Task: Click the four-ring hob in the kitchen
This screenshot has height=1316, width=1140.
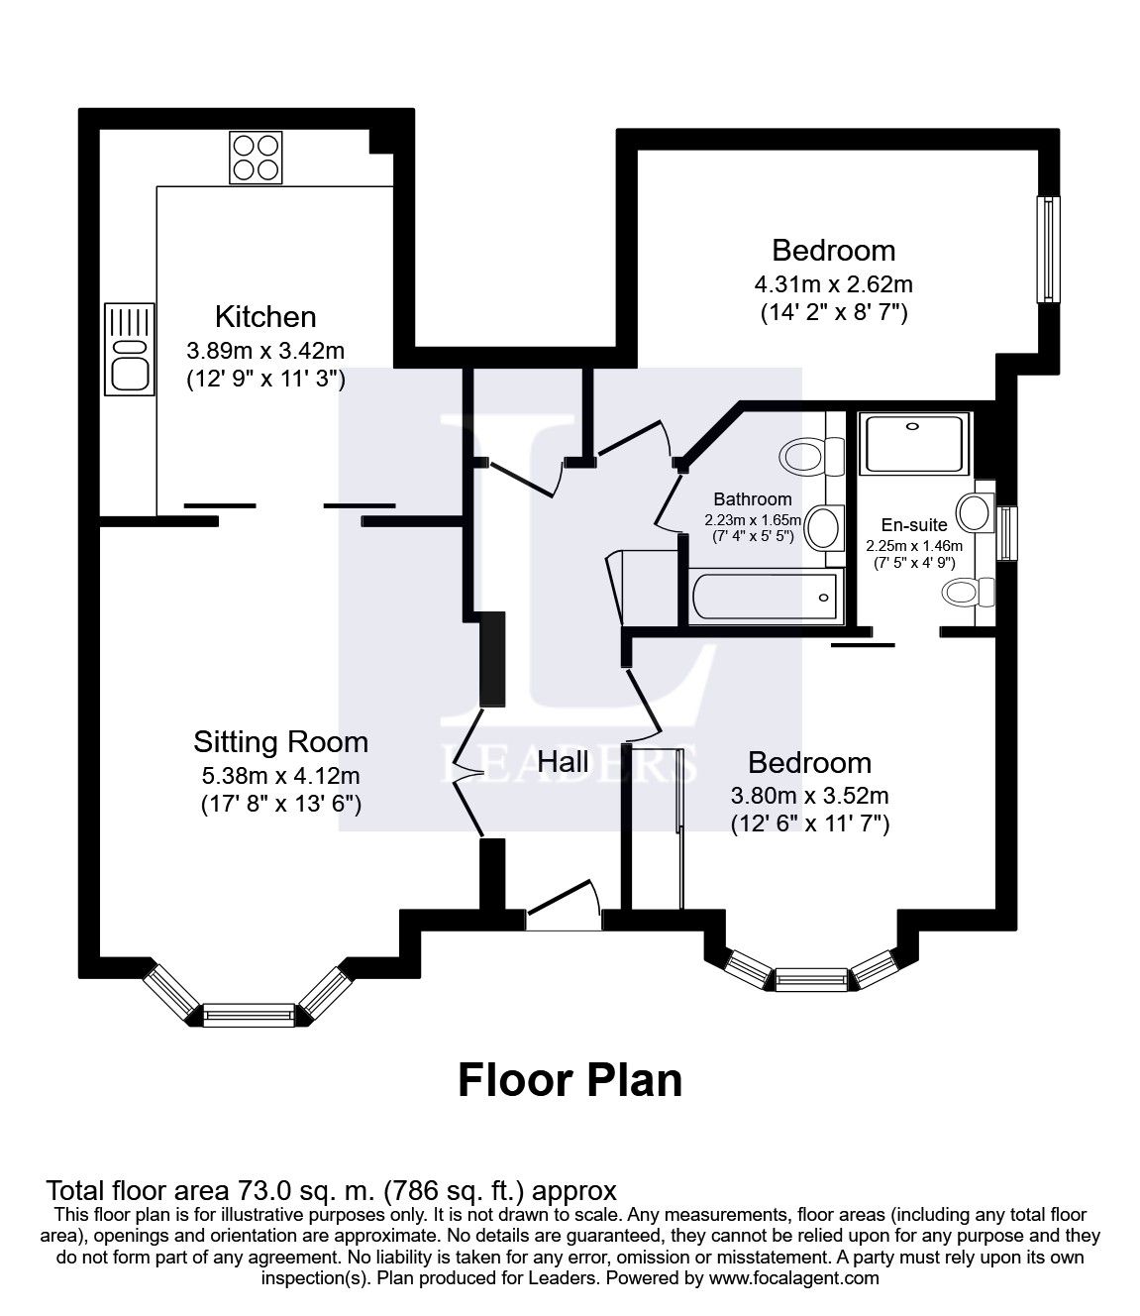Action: [255, 158]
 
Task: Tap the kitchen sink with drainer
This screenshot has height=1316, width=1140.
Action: [130, 349]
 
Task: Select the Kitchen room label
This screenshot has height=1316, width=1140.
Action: [265, 316]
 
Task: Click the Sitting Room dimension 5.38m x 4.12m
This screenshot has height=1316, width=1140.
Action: [280, 775]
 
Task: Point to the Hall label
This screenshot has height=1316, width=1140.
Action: [563, 761]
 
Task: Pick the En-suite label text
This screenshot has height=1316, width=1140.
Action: [914, 525]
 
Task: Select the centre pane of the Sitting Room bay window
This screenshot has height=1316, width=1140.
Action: [249, 1014]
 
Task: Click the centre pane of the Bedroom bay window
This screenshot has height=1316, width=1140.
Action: [811, 980]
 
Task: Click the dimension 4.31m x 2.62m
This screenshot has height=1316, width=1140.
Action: [833, 284]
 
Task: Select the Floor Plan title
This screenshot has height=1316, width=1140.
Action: [570, 1079]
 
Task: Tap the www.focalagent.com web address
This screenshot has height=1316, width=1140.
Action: [793, 1278]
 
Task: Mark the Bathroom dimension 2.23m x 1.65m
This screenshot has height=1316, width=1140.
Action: [748, 519]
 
